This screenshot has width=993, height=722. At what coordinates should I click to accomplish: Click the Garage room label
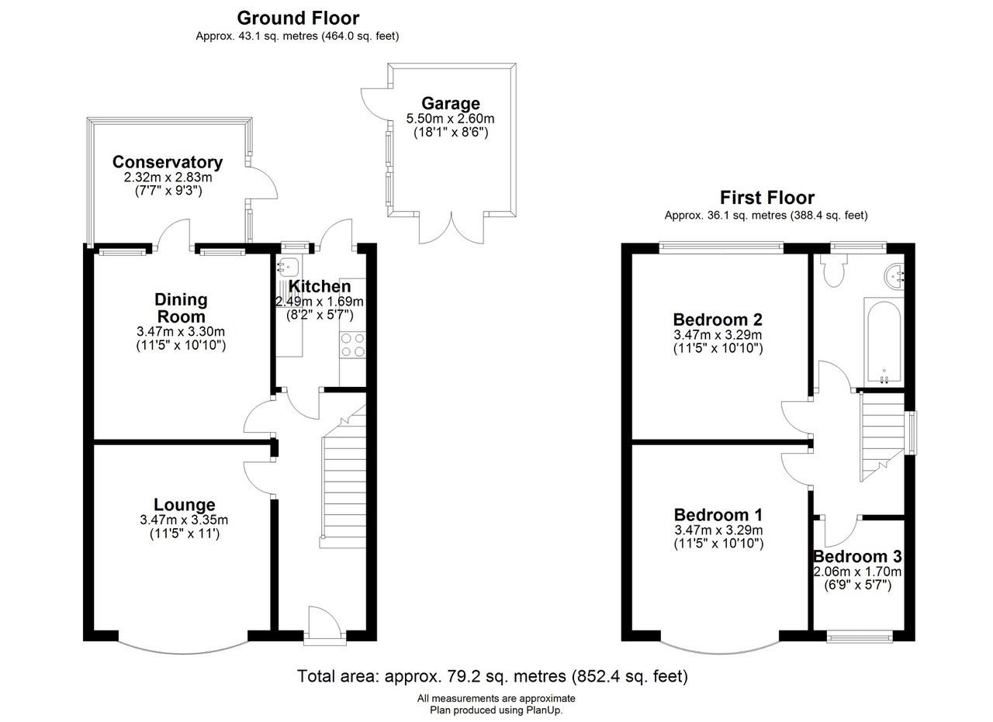451,103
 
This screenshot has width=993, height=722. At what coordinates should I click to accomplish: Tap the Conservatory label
167,162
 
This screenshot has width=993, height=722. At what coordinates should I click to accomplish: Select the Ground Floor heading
298,18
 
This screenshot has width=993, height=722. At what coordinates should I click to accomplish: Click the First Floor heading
767,198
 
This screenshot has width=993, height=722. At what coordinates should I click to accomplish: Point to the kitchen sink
288,266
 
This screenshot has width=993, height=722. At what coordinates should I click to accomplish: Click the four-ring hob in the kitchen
353,345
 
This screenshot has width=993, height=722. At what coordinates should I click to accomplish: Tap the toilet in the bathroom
833,270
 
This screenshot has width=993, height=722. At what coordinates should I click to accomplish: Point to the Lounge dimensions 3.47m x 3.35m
184,520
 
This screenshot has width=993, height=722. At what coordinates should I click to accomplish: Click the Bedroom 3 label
857,556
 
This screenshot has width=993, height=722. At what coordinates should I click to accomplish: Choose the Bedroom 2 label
718,320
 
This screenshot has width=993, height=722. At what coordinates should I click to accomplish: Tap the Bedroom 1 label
718,515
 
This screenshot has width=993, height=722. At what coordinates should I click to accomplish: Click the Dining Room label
181,308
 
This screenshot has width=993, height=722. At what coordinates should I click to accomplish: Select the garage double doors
452,228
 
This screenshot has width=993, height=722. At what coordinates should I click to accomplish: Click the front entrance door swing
325,623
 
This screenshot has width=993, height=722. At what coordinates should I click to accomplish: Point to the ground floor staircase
344,476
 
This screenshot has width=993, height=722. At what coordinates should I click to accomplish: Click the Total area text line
492,676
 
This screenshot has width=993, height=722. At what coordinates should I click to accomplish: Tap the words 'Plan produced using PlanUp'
496,710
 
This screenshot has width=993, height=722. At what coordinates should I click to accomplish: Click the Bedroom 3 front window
860,637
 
